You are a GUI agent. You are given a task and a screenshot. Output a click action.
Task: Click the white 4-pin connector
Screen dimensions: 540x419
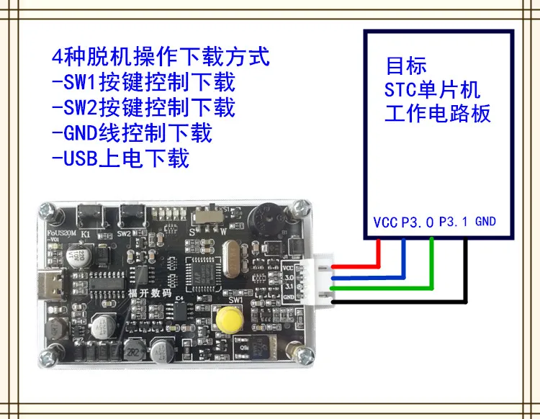click(x=322, y=279)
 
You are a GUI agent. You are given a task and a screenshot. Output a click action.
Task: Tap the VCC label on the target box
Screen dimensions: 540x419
click(x=385, y=222)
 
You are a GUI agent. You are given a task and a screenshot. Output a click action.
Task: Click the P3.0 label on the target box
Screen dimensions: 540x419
click(x=417, y=222)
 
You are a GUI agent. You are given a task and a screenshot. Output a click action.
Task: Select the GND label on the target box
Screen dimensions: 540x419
click(x=486, y=222)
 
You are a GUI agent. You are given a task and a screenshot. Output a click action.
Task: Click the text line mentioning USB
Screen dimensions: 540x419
click(x=120, y=158)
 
